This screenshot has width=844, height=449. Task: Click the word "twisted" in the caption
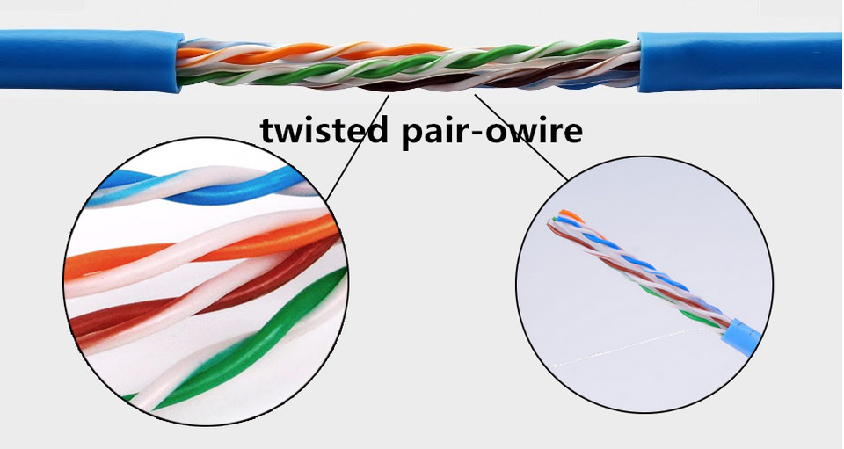click(323, 130)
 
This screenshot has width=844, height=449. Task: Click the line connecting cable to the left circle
click(356, 145)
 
